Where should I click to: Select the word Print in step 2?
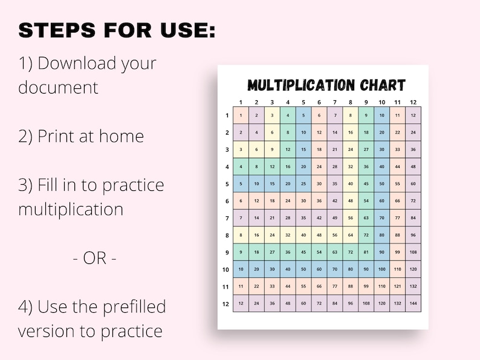pos(57,136)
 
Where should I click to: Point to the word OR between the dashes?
pos(95,258)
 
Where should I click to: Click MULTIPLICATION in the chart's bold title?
pos(300,85)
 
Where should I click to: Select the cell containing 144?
pos(414,303)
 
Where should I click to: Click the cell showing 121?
pos(398,286)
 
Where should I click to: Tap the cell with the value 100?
pos(382,269)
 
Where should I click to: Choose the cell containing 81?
pos(366,252)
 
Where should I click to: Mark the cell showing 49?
pos(335,218)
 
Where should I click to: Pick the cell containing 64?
pos(351,235)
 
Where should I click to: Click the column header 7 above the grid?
pos(335,102)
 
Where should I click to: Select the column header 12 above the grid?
pos(414,102)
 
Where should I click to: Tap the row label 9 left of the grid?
pos(227,252)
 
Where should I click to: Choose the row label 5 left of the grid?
pos(227,184)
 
